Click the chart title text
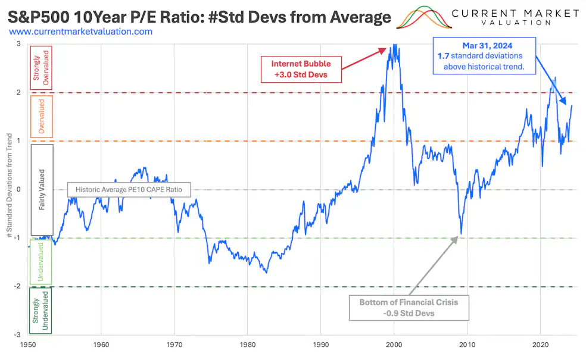coord(199,16)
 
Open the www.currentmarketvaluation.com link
coord(81,32)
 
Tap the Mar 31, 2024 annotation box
coord(484,56)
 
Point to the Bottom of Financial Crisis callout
coord(409,308)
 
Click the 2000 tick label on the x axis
coord(394,345)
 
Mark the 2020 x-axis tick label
coord(540,345)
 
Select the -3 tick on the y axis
coord(19,335)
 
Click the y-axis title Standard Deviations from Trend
coord(9,189)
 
